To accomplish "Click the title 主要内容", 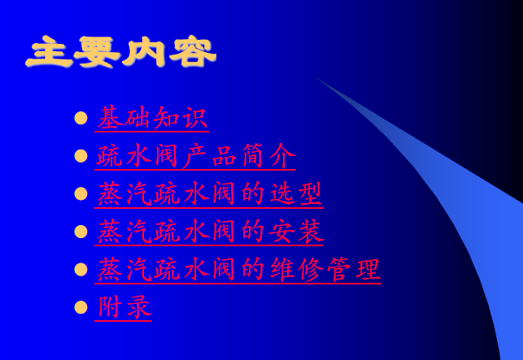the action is (121, 52).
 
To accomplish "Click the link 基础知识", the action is (152, 119).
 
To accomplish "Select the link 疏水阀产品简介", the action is (195, 156).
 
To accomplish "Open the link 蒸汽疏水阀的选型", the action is (209, 194).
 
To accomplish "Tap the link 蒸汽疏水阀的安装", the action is (209, 232).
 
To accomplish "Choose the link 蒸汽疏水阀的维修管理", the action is (238, 270).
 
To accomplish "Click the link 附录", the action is (123, 307).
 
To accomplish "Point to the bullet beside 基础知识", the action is (81, 119).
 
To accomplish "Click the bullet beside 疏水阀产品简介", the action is (81, 156).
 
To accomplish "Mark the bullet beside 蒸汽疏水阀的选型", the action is (81, 194).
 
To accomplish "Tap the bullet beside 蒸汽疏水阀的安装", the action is (81, 232).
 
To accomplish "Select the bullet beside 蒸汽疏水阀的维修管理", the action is (81, 270).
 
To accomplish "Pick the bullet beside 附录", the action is (81, 307).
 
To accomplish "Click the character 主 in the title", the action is (49, 52).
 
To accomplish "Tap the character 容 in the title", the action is (193, 52).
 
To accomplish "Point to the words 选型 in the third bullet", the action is (295, 193).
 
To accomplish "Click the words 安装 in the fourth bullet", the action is (296, 232).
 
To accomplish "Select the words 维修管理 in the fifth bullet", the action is (325, 269).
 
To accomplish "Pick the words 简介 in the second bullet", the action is (268, 156).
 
